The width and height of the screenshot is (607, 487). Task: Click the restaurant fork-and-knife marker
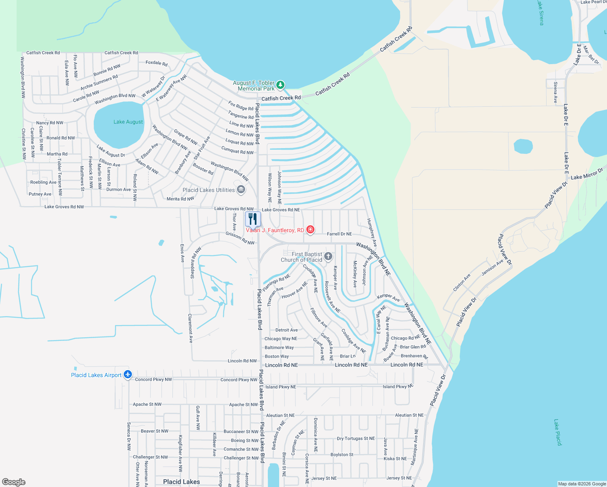tap(253, 219)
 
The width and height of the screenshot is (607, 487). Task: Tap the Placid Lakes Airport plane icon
tap(128, 375)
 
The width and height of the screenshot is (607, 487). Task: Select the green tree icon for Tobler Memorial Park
tap(280, 85)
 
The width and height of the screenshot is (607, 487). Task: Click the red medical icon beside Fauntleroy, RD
tap(310, 230)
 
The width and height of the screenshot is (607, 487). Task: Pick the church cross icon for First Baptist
tap(328, 256)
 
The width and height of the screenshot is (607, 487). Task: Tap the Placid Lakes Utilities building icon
tap(241, 190)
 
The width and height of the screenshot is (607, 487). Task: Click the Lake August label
tap(128, 122)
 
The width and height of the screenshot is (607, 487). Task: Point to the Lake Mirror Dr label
tap(587, 175)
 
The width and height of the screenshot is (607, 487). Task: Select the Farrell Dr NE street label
tap(339, 234)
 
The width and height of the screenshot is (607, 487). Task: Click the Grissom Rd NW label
tap(240, 238)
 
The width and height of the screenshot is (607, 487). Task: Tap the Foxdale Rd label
tap(157, 63)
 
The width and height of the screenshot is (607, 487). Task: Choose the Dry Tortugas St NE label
tap(356, 439)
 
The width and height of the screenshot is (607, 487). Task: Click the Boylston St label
tap(342, 455)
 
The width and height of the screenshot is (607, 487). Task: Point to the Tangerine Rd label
tap(241, 115)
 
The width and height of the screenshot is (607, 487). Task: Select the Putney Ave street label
tap(40, 194)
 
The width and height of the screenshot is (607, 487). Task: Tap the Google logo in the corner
tap(13, 482)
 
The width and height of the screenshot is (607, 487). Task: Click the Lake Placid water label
tap(557, 433)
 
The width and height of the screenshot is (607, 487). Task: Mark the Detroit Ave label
tap(286, 330)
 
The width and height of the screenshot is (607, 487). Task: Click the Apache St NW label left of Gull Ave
tap(147, 404)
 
